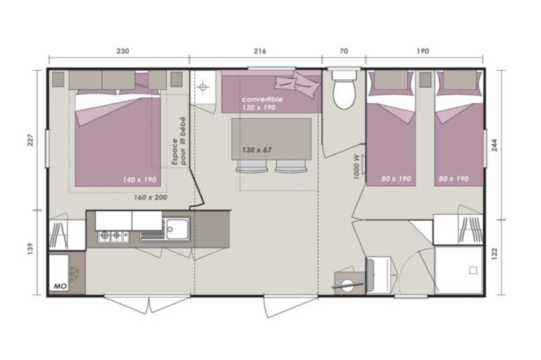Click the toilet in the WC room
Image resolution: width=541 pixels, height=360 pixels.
click(x=344, y=89)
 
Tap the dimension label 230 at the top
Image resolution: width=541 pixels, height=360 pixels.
click(x=123, y=51)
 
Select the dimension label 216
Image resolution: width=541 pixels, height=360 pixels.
click(x=260, y=51)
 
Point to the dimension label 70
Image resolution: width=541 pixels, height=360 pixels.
click(x=344, y=51)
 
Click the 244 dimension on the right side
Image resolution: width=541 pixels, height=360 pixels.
click(x=495, y=145)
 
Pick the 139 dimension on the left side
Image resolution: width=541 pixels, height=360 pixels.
click(x=30, y=249)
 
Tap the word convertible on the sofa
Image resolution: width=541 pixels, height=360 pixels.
click(x=262, y=99)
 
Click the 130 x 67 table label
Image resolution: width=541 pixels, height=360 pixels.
click(x=256, y=150)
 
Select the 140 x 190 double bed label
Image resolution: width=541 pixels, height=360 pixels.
click(x=139, y=180)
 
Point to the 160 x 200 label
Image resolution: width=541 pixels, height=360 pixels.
click(x=151, y=197)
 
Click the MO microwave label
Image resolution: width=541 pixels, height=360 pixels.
click(x=60, y=286)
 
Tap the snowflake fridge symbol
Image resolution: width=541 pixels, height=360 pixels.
click(x=74, y=273)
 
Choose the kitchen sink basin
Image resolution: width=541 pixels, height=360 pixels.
click(x=178, y=228)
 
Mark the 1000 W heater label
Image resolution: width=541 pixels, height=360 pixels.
click(x=356, y=167)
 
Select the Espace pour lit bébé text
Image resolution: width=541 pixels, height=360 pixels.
click(x=179, y=141)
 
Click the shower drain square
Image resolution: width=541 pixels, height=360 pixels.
click(x=473, y=271)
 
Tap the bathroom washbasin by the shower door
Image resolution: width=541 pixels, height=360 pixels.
click(x=379, y=275)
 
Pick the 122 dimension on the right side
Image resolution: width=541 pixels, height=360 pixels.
click(x=495, y=254)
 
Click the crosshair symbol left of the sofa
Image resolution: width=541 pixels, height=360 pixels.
click(x=203, y=87)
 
